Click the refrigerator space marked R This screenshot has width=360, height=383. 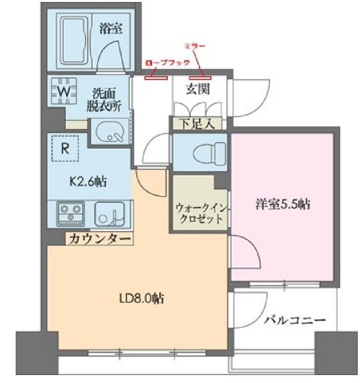coord(64,149)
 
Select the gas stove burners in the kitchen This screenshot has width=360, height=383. coord(70,215)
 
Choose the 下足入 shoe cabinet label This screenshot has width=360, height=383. coord(195,122)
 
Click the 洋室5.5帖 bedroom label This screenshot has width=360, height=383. coord(283,205)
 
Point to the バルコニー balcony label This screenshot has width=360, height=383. coord(295,320)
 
